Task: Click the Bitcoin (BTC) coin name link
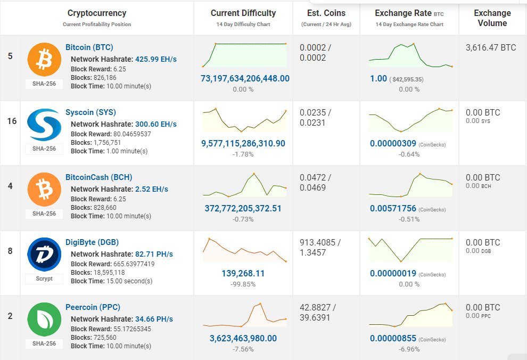pyautogui.click(x=89, y=47)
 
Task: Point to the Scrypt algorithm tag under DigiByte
pyautogui.click(x=44, y=279)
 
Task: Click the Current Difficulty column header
pyautogui.click(x=243, y=13)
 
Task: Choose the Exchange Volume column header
pyautogui.click(x=492, y=18)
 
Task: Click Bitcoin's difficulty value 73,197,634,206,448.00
pyautogui.click(x=245, y=78)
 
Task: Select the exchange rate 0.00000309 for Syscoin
pyautogui.click(x=393, y=144)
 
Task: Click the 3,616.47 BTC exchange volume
pyautogui.click(x=490, y=47)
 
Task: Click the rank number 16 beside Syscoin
pyautogui.click(x=12, y=121)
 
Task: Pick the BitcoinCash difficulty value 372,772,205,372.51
pyautogui.click(x=243, y=208)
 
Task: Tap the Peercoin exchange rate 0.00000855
pyautogui.click(x=393, y=338)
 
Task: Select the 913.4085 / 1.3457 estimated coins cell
pyautogui.click(x=319, y=247)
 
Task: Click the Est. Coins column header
pyautogui.click(x=326, y=13)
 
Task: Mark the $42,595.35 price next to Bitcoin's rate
pyautogui.click(x=407, y=79)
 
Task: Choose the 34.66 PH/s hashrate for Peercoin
pyautogui.click(x=154, y=319)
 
